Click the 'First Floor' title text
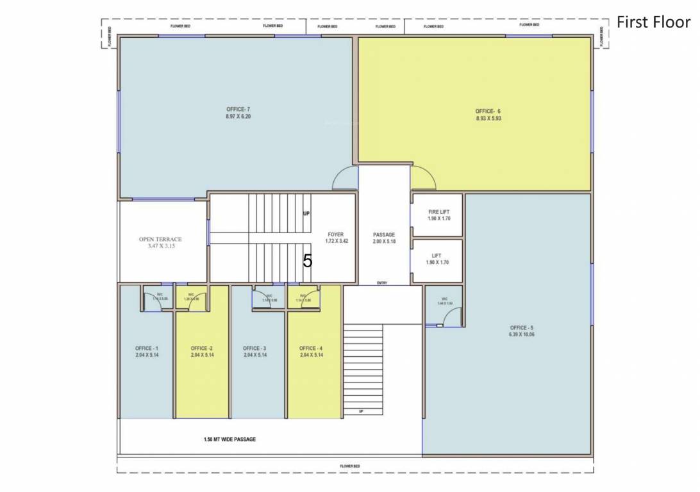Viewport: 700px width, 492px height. tap(653, 22)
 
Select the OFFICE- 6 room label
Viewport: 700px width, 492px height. tap(488, 111)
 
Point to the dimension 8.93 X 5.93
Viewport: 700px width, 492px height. tap(488, 119)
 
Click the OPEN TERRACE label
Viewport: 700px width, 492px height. tap(160, 240)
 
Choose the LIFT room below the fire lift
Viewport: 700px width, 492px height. tap(437, 259)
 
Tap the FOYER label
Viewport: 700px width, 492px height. tap(337, 234)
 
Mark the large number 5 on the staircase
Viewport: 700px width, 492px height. tap(308, 261)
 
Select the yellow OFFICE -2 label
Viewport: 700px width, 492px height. tap(202, 348)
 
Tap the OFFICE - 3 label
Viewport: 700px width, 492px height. tap(254, 348)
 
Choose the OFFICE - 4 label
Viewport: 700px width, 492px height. tap(311, 348)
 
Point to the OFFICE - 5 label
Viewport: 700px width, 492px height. tap(522, 327)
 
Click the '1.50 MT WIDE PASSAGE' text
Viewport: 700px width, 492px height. tap(229, 439)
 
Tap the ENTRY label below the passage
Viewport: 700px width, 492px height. tap(382, 283)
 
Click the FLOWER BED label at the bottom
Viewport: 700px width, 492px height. tap(350, 466)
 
